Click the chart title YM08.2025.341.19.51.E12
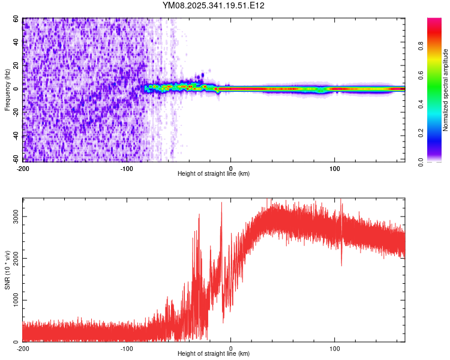[214, 5]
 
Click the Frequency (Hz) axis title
[8, 89]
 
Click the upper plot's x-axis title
[214, 173]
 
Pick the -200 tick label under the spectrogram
[23, 167]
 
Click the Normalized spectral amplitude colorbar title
[446, 90]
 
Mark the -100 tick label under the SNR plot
[127, 349]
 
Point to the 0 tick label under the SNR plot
[231, 349]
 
